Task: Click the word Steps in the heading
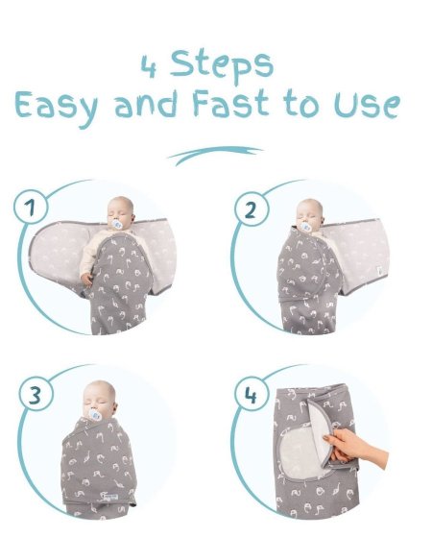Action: pyautogui.click(x=222, y=65)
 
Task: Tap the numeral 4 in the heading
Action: pyautogui.click(x=149, y=66)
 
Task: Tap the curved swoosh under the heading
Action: pyautogui.click(x=216, y=155)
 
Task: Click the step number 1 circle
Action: pyautogui.click(x=31, y=207)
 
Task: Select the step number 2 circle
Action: pyautogui.click(x=252, y=209)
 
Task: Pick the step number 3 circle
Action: pyautogui.click(x=36, y=395)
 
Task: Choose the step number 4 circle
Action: pyautogui.click(x=251, y=396)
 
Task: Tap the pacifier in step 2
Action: pyautogui.click(x=304, y=227)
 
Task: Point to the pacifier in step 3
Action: pyautogui.click(x=95, y=415)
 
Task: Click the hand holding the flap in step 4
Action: pyautogui.click(x=356, y=447)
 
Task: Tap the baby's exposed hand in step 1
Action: pyautogui.click(x=86, y=280)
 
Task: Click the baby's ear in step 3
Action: pyautogui.click(x=114, y=408)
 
